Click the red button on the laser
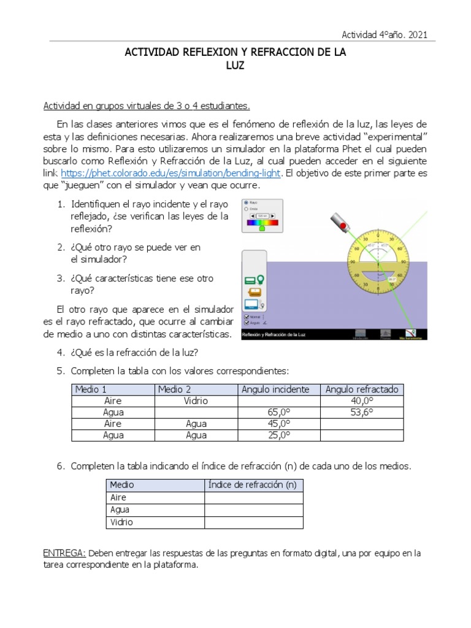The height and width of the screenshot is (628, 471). pyautogui.click(x=343, y=227)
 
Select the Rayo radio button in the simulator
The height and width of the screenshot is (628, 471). pyautogui.click(x=247, y=202)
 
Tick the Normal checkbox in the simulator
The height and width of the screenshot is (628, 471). pyautogui.click(x=247, y=316)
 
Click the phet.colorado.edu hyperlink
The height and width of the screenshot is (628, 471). pyautogui.click(x=171, y=174)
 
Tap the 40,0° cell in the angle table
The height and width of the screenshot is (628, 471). pyautogui.click(x=362, y=400)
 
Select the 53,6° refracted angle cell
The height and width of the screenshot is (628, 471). pyautogui.click(x=362, y=412)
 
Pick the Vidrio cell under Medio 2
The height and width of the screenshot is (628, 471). pyautogui.click(x=195, y=400)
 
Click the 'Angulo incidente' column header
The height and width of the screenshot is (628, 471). pyautogui.click(x=280, y=389)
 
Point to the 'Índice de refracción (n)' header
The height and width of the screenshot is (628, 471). pyautogui.click(x=253, y=484)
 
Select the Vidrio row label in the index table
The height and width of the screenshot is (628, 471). pyautogui.click(x=121, y=523)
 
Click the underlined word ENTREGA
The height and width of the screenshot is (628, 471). pyautogui.click(x=64, y=553)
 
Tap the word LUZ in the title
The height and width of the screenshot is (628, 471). pyautogui.click(x=235, y=66)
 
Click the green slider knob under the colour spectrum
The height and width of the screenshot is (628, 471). pyautogui.click(x=262, y=228)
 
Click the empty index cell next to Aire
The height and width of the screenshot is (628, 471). pyautogui.click(x=253, y=497)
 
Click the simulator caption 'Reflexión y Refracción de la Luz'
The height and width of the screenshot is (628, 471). pyautogui.click(x=274, y=335)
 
